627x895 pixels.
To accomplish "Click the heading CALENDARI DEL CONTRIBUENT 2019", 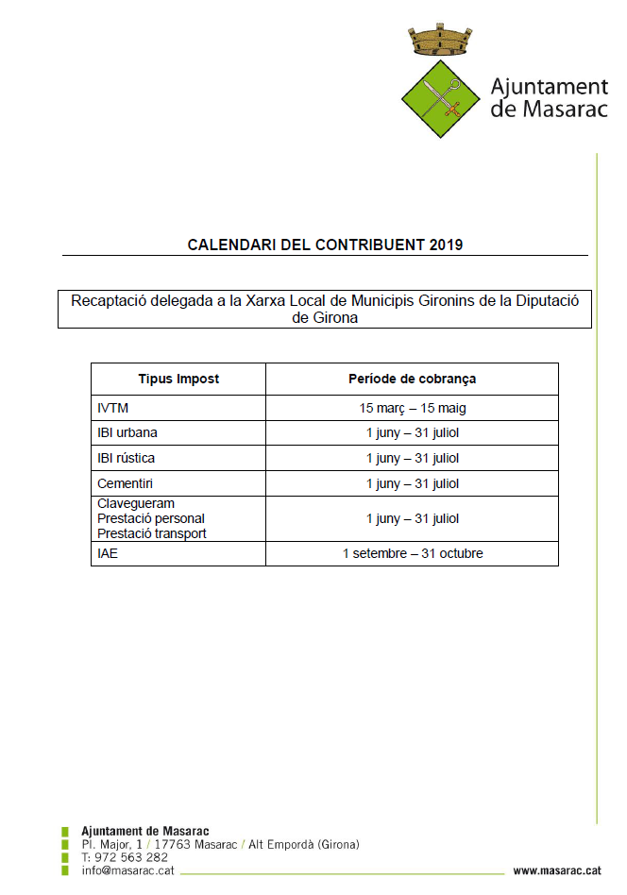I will pos(325,245).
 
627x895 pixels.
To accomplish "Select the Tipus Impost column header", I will pos(178,379).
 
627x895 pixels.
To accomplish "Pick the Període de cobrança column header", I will pos(413,379).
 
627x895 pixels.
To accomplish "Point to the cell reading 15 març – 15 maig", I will pos(413,408).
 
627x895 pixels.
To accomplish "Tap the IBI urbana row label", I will pos(127,432).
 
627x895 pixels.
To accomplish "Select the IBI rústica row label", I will pos(127,458).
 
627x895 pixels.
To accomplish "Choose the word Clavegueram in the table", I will pos(136,503).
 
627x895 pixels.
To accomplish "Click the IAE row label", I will pos(108,553).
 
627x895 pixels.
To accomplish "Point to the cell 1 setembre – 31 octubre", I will pos(413,553).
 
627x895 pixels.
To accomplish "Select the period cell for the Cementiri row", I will pos(413,483).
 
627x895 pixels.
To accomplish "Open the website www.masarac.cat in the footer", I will pos(557,870).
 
